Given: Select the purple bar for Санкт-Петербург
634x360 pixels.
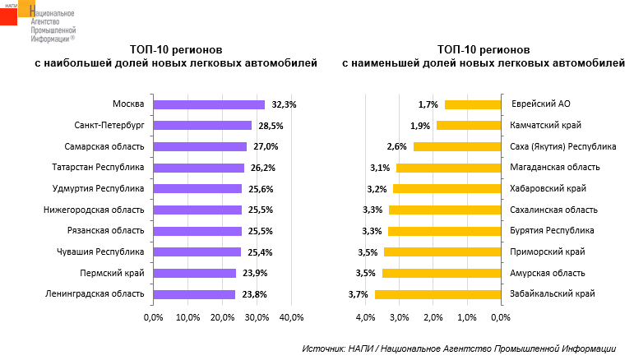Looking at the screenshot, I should (x=202, y=126).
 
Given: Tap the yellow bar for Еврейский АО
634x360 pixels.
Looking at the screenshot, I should (x=473, y=104).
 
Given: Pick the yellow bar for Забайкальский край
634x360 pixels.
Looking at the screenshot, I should (x=437, y=294).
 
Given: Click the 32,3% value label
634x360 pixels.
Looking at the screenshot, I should (x=283, y=104).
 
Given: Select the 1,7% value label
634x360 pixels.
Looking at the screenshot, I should (x=428, y=104).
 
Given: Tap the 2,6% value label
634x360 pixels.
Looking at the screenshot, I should (x=397, y=147).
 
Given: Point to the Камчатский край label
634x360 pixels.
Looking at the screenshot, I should (x=546, y=126).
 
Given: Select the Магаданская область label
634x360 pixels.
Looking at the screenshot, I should (x=553, y=168).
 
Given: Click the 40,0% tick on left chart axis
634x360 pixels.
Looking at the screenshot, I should (x=292, y=317).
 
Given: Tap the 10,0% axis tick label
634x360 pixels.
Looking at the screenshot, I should (x=187, y=317).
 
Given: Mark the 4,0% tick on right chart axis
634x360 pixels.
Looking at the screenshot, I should (x=363, y=317).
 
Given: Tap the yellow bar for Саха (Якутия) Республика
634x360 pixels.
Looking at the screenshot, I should (x=457, y=147).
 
